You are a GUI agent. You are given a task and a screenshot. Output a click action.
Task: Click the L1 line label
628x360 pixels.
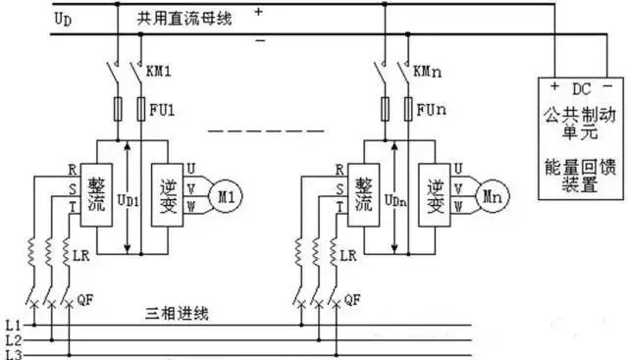point(12,323)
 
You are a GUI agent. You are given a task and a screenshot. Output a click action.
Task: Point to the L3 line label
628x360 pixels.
point(12,352)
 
